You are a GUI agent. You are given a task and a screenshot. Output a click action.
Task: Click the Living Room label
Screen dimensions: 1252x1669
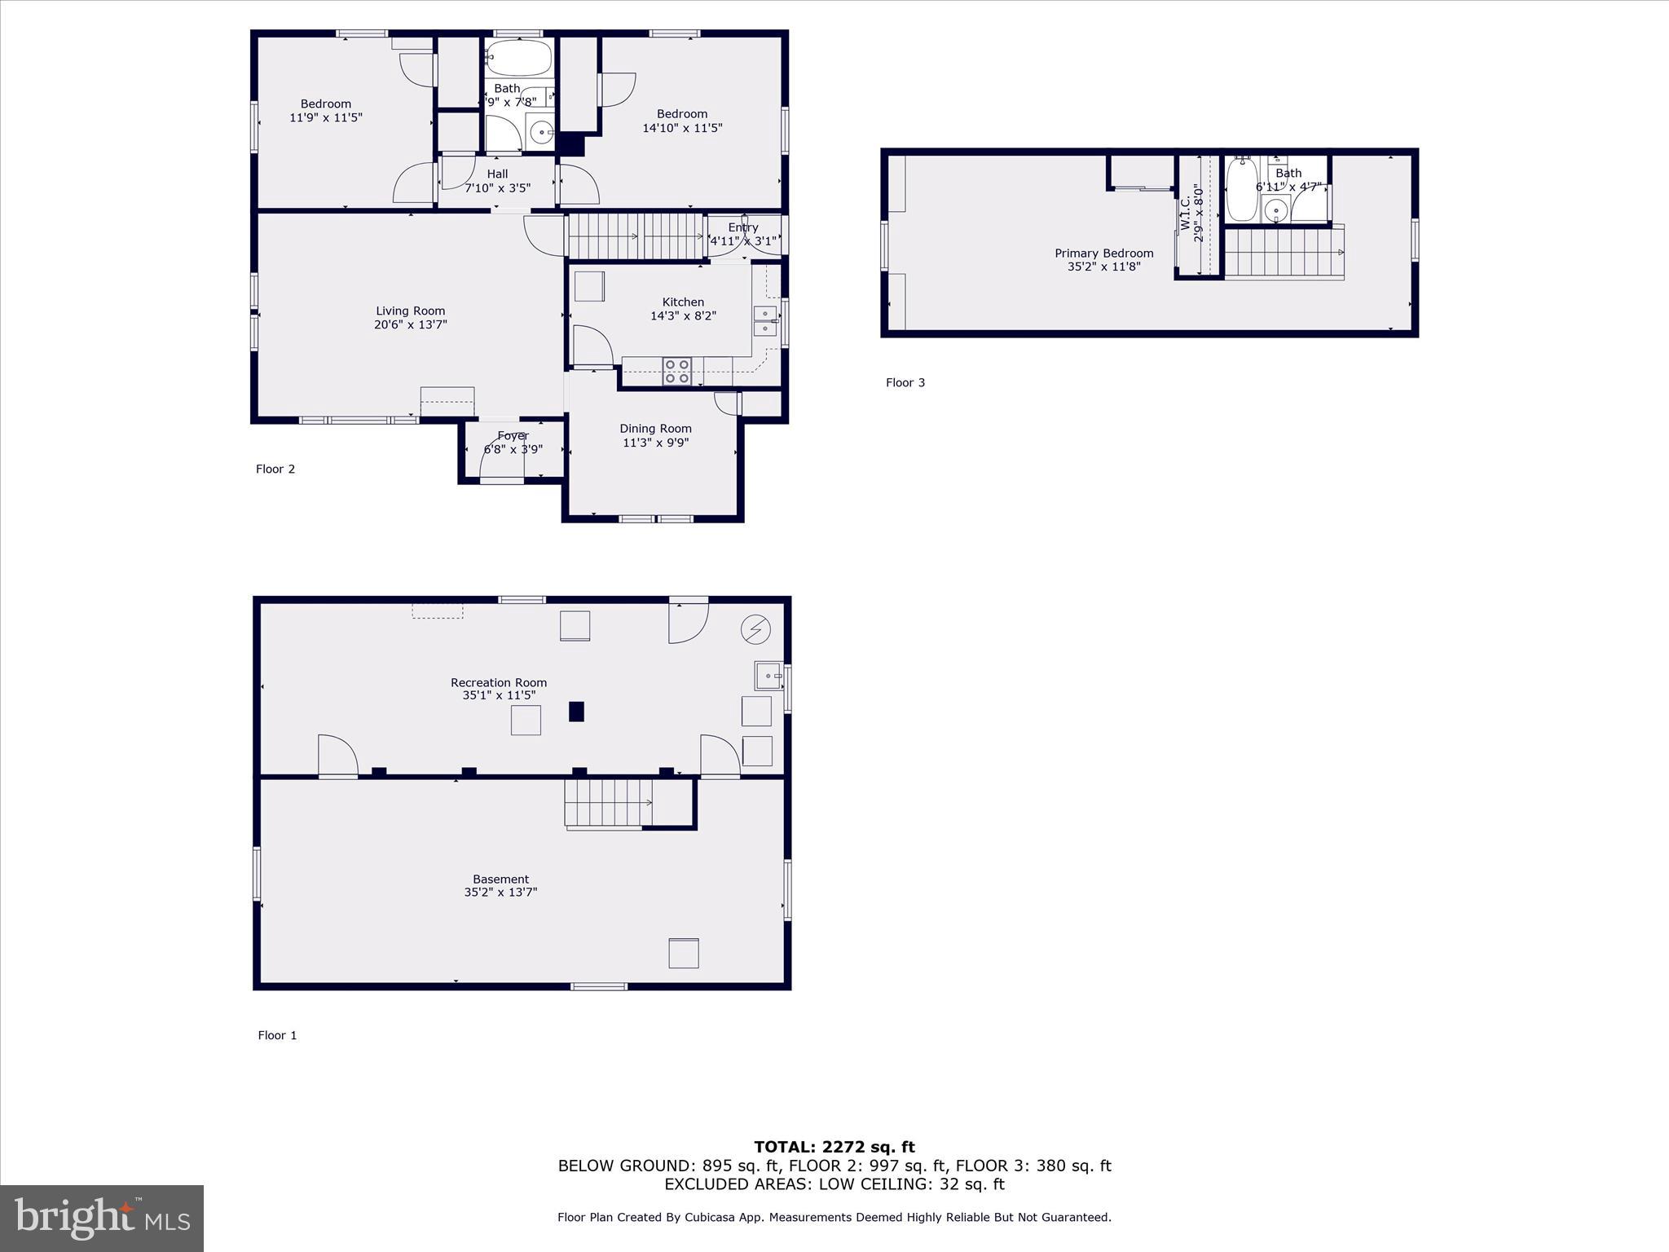(410, 311)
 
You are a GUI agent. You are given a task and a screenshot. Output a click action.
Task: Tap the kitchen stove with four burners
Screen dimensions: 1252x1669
(676, 371)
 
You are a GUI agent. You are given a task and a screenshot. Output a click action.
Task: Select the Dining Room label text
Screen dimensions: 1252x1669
(655, 429)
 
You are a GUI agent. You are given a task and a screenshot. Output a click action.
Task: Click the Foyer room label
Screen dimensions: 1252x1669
(513, 436)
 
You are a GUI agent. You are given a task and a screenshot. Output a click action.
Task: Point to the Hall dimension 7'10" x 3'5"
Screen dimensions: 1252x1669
(497, 188)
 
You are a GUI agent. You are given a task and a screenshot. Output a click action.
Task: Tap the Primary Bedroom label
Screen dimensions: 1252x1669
(1103, 253)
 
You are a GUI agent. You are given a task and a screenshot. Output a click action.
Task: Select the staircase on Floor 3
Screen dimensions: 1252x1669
(1284, 253)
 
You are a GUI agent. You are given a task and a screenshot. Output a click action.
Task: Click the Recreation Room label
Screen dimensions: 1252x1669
(499, 683)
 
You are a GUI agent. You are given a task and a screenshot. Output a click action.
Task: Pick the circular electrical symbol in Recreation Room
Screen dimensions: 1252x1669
(755, 629)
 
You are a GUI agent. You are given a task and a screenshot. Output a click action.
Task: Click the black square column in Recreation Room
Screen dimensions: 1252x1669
(576, 712)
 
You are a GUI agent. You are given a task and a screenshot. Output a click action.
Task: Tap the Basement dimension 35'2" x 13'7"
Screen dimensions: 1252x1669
(500, 893)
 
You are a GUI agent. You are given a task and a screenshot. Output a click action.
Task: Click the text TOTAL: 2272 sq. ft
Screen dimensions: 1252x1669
(834, 1148)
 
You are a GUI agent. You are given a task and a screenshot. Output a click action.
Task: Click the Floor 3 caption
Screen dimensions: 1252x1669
(905, 383)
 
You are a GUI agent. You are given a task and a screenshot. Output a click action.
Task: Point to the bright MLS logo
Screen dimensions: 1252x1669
(102, 1219)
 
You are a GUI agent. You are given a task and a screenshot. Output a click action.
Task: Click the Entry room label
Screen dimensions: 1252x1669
(742, 228)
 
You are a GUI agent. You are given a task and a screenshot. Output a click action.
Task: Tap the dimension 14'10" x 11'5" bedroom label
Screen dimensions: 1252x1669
(682, 128)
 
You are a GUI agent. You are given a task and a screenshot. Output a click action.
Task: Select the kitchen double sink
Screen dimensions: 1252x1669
(764, 321)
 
